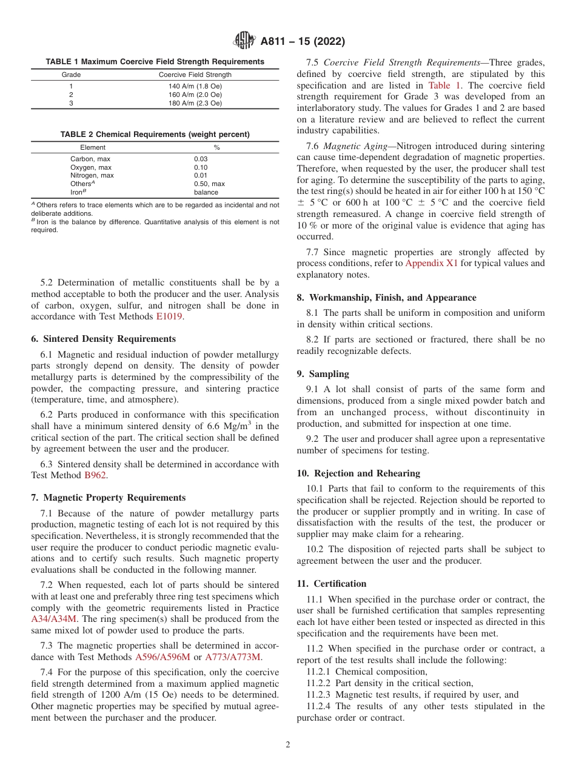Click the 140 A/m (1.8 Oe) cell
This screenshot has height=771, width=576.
click(195, 87)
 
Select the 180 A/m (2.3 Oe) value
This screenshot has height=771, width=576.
click(195, 103)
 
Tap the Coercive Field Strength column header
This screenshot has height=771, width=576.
click(195, 75)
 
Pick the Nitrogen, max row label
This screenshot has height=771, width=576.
click(92, 176)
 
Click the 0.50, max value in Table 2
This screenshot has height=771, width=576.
click(209, 184)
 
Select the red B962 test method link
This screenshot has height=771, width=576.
click(95, 476)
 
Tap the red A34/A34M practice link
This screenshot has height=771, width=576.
click(54, 619)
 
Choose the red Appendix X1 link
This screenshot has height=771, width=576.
click(432, 263)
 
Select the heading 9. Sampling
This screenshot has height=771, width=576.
click(323, 374)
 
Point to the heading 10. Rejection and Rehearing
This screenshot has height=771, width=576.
click(358, 473)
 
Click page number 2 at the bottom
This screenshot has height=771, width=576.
click(288, 745)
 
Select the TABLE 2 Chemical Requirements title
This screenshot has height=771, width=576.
click(155, 134)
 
